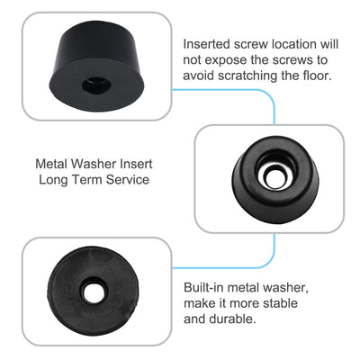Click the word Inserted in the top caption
point(208,44)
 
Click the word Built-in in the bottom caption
point(206,286)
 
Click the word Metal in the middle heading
point(52,166)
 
